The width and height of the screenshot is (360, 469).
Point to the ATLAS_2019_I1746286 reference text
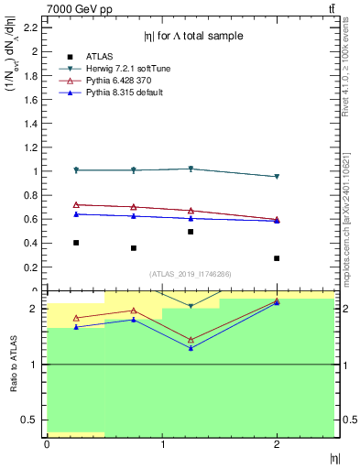[191, 273]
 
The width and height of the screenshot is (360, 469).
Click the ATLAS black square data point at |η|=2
[277, 258]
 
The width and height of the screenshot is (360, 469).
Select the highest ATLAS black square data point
[191, 232]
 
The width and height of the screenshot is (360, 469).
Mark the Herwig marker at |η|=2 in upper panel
[277, 177]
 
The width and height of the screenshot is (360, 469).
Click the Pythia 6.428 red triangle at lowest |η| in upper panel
[76, 205]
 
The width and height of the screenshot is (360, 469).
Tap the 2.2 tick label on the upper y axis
[33, 27]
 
